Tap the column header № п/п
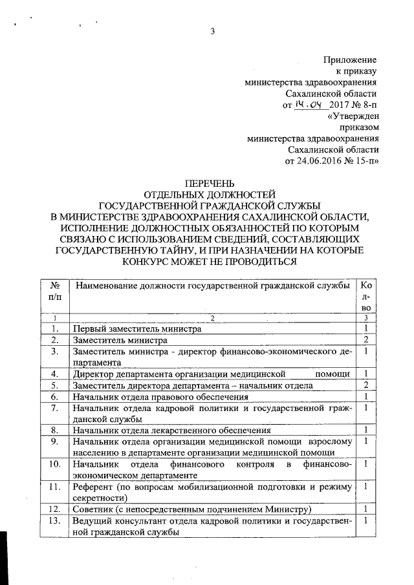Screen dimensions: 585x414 click(x=54, y=291)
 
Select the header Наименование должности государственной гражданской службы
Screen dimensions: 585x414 click(x=212, y=286)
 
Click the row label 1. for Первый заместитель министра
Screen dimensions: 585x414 click(x=54, y=328)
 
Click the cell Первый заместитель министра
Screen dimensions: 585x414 click(x=137, y=328)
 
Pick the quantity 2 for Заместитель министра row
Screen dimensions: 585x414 click(x=366, y=339)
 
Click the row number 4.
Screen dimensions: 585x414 click(x=54, y=374)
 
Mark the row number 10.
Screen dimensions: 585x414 click(x=54, y=464)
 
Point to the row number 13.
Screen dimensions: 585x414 click(x=54, y=520)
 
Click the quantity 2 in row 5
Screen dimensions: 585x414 click(x=366, y=385)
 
